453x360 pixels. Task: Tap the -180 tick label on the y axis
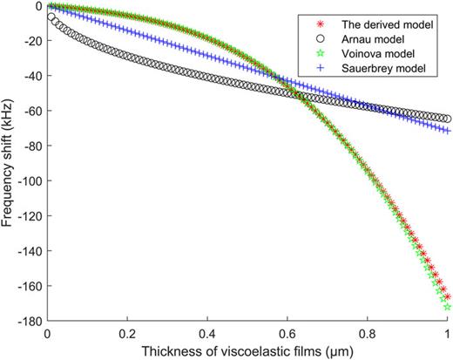tap(28, 321)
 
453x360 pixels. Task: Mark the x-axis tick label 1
tap(448, 334)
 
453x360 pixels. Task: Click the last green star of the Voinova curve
tap(448, 307)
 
